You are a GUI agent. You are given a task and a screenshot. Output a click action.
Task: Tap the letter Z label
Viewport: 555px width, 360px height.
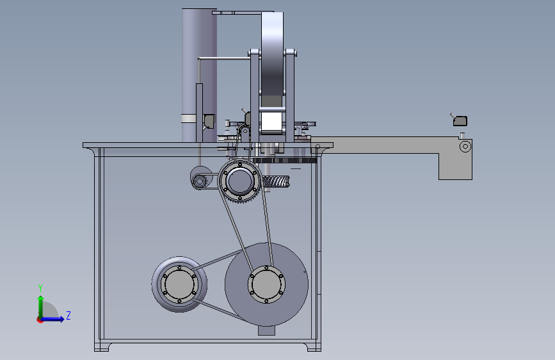point(68,315)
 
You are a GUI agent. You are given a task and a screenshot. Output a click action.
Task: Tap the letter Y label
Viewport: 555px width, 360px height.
point(40,288)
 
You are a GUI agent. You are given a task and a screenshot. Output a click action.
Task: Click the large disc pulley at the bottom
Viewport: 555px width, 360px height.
point(266,284)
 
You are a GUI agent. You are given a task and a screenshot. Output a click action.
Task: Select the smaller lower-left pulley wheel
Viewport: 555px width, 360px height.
point(179,284)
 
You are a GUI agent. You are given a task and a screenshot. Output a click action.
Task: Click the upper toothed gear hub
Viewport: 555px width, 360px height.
point(240,181)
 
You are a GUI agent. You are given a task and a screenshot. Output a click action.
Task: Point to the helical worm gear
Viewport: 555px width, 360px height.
point(276,183)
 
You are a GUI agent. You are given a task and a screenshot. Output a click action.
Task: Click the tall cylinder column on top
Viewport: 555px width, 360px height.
point(199,75)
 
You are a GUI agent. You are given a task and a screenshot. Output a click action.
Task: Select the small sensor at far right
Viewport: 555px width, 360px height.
point(460,120)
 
